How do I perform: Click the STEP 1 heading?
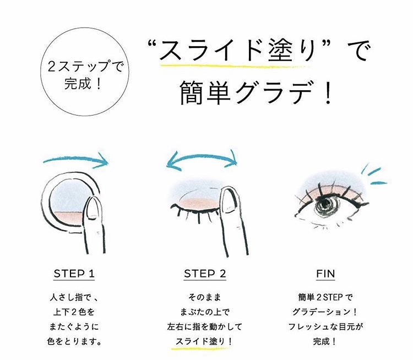click(74, 274)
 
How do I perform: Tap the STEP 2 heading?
click(205, 274)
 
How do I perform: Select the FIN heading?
click(325, 274)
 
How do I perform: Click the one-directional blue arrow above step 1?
click(77, 159)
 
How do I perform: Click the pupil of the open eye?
click(325, 203)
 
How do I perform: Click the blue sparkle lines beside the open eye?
click(373, 175)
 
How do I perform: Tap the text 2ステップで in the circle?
click(85, 67)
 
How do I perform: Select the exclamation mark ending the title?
click(328, 92)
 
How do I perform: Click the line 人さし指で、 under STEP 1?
click(74, 298)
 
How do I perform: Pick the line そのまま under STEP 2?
click(205, 298)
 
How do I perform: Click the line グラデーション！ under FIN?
click(325, 312)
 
